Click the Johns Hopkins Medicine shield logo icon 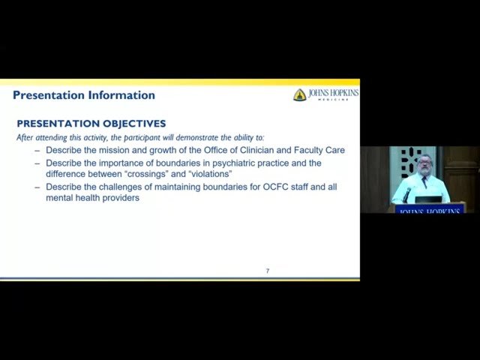click(x=299, y=95)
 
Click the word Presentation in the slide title click(x=49, y=95)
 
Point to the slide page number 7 click(x=268, y=271)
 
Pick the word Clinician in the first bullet click(x=249, y=150)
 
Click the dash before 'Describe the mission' click(x=37, y=150)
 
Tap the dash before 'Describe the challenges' click(x=37, y=186)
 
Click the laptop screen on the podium click(x=428, y=199)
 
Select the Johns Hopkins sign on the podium click(x=430, y=211)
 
